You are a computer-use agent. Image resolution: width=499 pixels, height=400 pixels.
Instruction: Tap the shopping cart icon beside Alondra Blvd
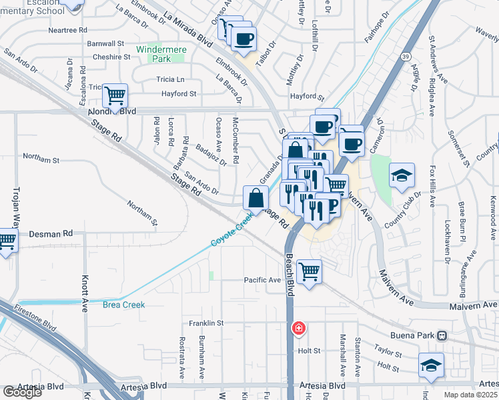click(115, 97)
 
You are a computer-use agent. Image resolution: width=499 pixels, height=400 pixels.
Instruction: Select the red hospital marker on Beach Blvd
click(299, 328)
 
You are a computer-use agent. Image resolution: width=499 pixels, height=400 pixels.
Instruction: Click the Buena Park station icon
click(441, 335)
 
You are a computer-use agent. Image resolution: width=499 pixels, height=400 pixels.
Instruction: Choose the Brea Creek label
click(123, 305)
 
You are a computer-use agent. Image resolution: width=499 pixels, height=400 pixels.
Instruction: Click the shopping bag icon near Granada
click(256, 197)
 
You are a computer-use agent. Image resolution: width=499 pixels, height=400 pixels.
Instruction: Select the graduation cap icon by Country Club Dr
click(402, 175)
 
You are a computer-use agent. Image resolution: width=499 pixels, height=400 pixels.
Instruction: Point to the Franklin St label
click(205, 323)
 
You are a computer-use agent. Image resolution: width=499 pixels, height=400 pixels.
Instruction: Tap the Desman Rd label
click(51, 234)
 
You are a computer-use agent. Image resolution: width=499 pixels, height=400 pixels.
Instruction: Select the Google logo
click(22, 392)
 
